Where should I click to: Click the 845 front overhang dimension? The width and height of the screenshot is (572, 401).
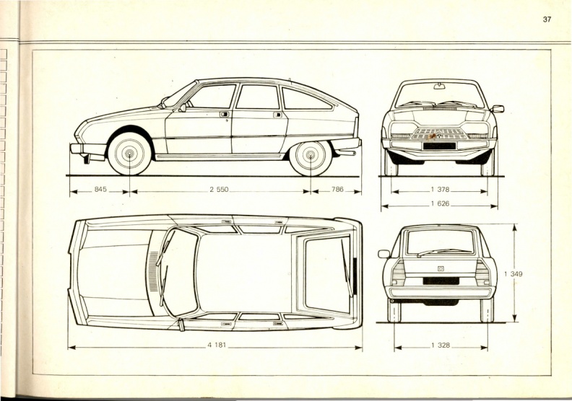(x=100, y=189)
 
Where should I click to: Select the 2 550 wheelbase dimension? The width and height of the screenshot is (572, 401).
(x=219, y=190)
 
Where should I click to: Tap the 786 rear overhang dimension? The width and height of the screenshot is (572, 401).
(x=337, y=189)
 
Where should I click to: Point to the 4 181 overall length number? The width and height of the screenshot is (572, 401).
(x=217, y=345)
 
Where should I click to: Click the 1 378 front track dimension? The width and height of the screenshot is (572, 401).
(x=440, y=190)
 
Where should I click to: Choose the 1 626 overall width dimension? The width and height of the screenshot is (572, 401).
(x=440, y=203)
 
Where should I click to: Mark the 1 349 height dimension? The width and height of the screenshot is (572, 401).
(x=513, y=274)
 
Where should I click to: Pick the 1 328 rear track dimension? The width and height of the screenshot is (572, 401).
(x=441, y=345)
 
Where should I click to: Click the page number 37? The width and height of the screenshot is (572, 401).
(x=547, y=19)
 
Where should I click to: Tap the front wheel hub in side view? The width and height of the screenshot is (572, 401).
(x=129, y=154)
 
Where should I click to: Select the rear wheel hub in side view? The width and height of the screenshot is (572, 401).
(x=311, y=154)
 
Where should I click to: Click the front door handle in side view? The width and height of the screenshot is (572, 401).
(x=225, y=115)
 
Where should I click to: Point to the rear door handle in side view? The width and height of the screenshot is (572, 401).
(x=277, y=115)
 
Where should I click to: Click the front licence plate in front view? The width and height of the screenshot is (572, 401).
(x=439, y=146)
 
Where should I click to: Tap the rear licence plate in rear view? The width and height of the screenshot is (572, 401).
(x=441, y=281)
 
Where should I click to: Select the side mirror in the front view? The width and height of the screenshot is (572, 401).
(x=498, y=108)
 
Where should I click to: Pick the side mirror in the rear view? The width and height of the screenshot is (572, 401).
(x=383, y=254)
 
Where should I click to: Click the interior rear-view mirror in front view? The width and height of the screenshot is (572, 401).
(x=440, y=86)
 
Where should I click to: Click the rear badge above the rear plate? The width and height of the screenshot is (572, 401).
(x=441, y=269)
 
